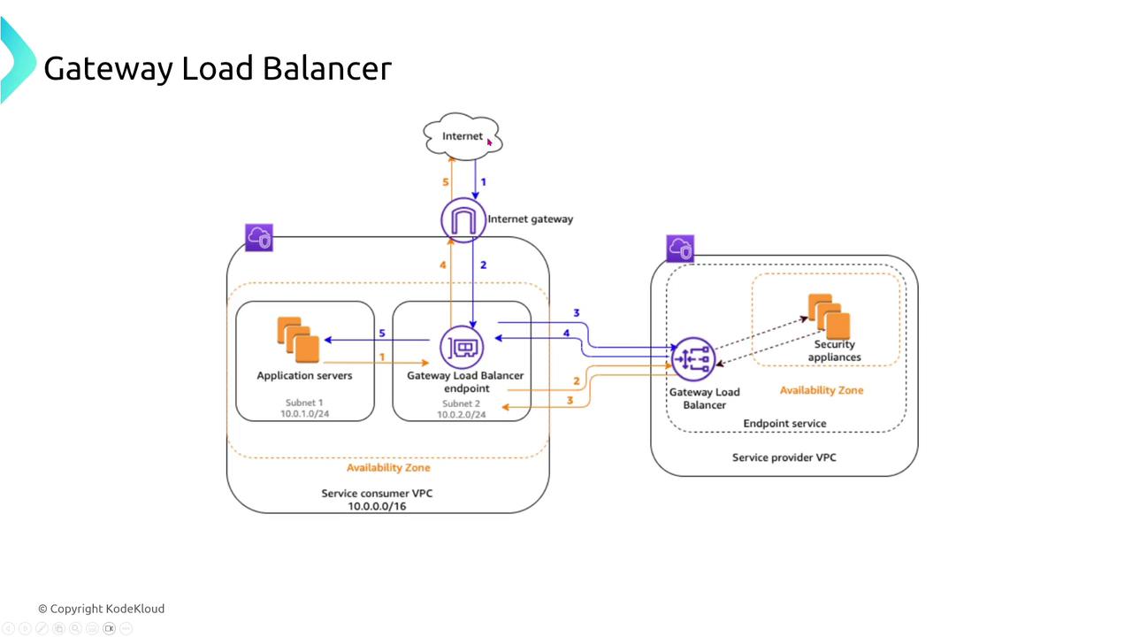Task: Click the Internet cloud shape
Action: tap(462, 136)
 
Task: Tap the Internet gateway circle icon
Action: tap(463, 219)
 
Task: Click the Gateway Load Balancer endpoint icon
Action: tap(463, 347)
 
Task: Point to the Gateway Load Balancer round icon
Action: tap(693, 361)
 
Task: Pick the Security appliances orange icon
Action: tap(829, 317)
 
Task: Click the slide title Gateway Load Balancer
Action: tap(217, 68)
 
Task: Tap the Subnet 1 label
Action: tap(304, 403)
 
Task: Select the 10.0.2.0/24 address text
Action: tap(461, 414)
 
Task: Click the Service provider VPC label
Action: tap(784, 457)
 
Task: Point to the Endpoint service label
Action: tap(784, 423)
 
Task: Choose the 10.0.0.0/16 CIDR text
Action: tap(377, 506)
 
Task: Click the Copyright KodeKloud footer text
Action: tap(101, 609)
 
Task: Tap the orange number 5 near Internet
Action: tap(446, 182)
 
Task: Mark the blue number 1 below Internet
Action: tap(483, 182)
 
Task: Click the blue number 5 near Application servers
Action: tap(382, 334)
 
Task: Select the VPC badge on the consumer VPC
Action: tap(259, 238)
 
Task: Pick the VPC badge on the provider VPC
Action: tap(680, 249)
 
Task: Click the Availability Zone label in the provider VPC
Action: tap(821, 390)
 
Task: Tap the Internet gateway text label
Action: tap(530, 219)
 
